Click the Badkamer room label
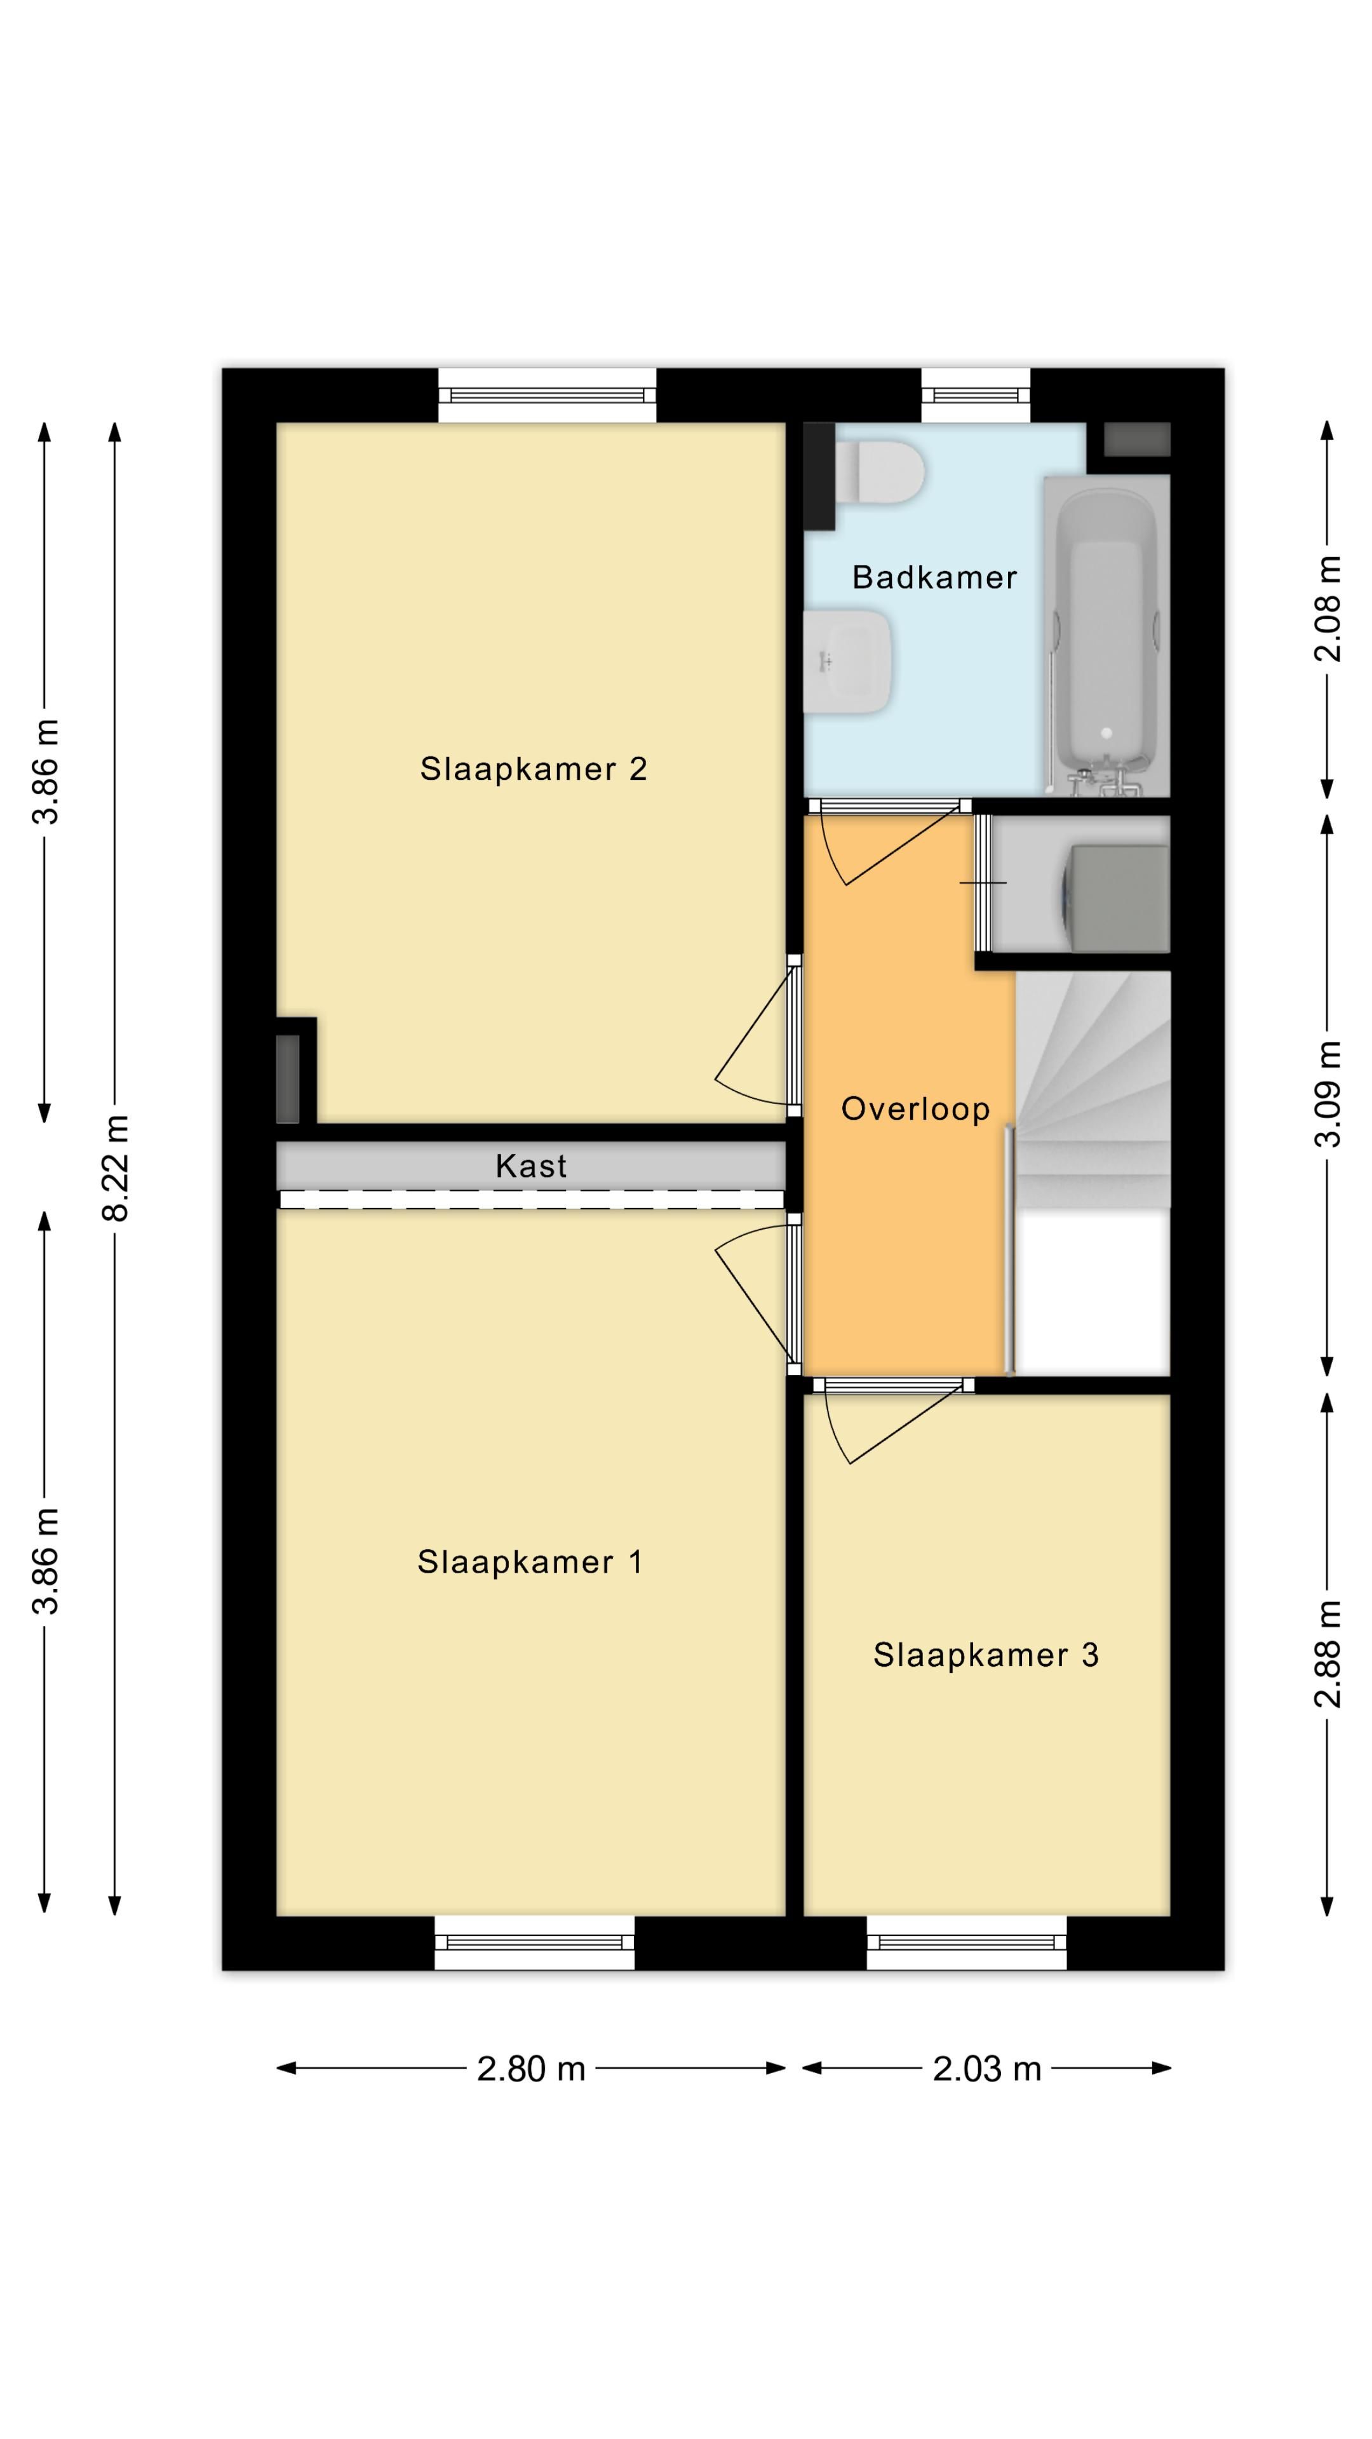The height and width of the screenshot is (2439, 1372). tap(934, 577)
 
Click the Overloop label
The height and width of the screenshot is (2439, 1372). tap(915, 1109)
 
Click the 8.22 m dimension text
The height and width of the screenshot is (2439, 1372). tap(116, 1167)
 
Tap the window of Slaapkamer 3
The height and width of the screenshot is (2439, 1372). tap(967, 1943)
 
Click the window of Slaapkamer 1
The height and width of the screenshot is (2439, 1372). tap(535, 1943)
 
